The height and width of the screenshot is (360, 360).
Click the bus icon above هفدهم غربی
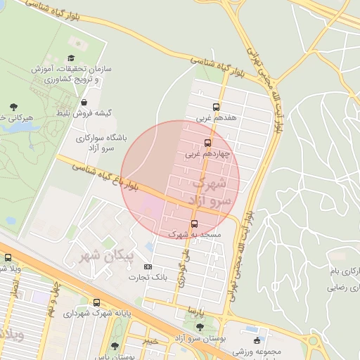[217, 108]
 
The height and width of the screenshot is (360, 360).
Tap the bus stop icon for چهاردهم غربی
[207, 143]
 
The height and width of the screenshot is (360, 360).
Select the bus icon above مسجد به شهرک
[195, 224]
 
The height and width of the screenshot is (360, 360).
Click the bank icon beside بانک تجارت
[148, 266]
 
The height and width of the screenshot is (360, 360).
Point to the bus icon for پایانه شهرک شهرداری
[97, 302]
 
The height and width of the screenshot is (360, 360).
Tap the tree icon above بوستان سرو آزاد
[200, 327]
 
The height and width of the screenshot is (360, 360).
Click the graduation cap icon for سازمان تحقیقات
[70, 59]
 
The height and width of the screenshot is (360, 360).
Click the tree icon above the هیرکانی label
[13, 107]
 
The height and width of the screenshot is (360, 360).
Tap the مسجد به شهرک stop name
[195, 233]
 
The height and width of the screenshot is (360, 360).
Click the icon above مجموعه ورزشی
[257, 341]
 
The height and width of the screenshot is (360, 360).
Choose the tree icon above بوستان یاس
[115, 346]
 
